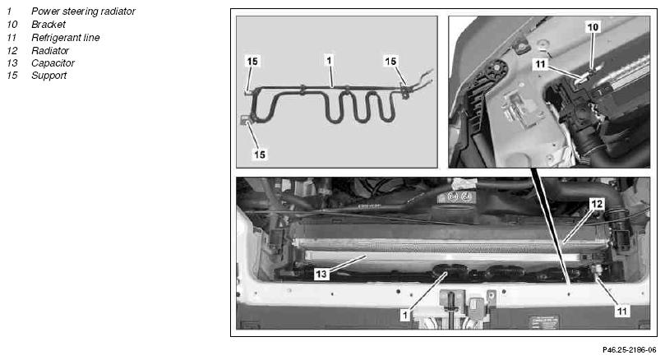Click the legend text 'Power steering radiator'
[83, 12]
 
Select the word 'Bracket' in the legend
[48, 25]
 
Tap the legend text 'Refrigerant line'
[65, 38]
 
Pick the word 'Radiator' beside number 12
[50, 50]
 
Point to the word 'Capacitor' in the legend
[53, 63]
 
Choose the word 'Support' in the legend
[48, 76]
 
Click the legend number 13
[12, 63]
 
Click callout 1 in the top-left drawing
[329, 61]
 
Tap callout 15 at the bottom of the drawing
[260, 155]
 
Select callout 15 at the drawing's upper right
[390, 62]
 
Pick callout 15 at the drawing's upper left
[252, 62]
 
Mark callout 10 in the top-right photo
[593, 27]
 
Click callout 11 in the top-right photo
[540, 64]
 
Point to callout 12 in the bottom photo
[597, 204]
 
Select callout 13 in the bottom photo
[321, 274]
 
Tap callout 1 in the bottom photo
[405, 315]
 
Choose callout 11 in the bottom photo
[621, 312]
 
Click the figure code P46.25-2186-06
[630, 350]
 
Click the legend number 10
[12, 25]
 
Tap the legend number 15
[12, 76]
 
